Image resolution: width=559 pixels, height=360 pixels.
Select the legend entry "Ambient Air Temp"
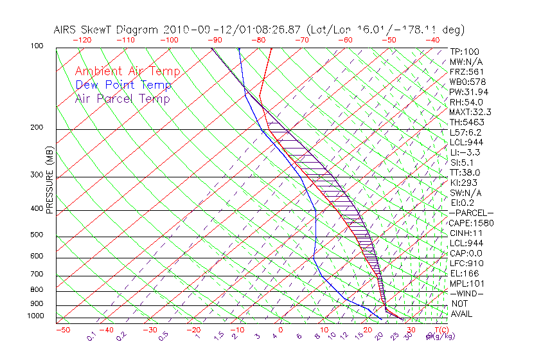(127, 71)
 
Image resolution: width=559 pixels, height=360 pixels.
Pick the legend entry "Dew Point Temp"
(123, 85)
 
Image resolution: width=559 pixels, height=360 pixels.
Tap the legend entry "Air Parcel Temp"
(122, 98)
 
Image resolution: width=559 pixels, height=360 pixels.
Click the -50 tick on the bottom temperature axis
(63, 330)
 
